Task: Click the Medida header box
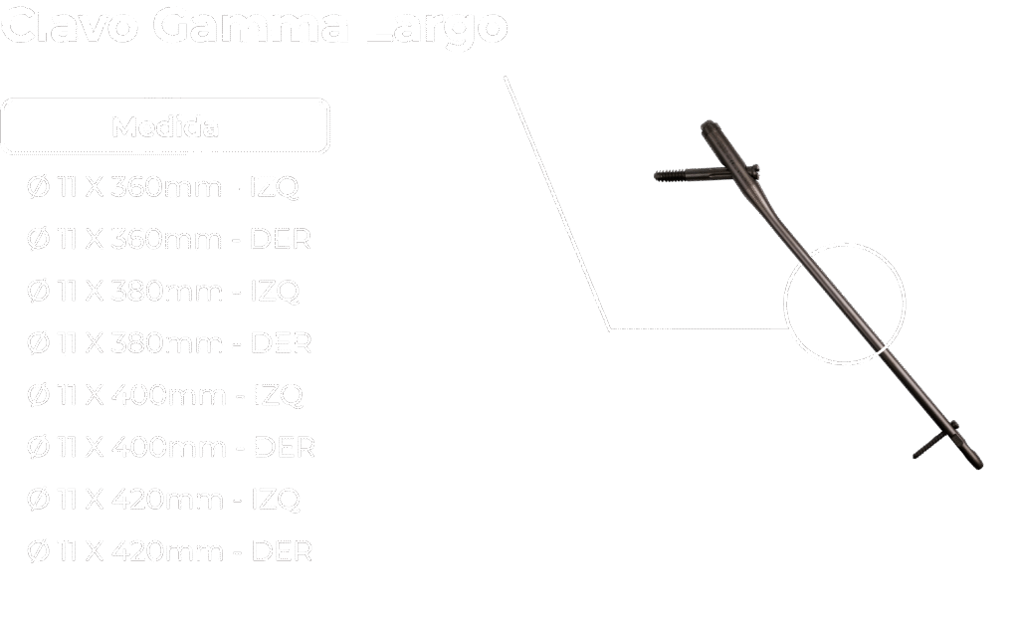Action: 165,126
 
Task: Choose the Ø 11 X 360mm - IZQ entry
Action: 163,187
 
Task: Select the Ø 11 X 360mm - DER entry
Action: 169,239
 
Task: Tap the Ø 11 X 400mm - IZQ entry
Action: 165,395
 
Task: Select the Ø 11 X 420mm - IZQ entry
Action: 163,499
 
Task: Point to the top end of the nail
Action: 709,126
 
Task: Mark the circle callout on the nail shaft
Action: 845,304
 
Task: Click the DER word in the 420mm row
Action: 283,550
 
